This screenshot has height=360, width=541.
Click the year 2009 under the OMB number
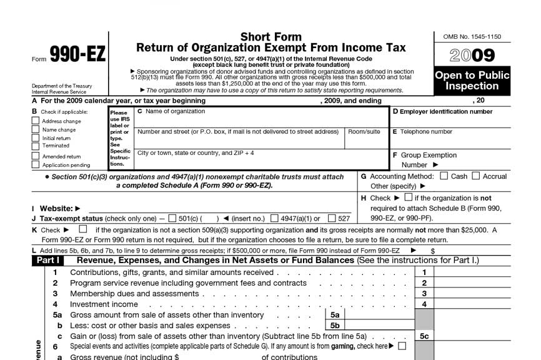click(x=472, y=56)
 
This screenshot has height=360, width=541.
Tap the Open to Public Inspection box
click(x=472, y=81)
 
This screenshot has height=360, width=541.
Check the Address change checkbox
click(x=36, y=121)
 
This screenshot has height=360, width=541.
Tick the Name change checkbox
click(x=36, y=129)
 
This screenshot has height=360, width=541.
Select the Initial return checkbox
click(x=36, y=137)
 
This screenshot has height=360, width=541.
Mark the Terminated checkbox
click(x=36, y=146)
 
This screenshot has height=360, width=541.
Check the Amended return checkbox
click(x=36, y=156)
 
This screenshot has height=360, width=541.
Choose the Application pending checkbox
click(x=36, y=165)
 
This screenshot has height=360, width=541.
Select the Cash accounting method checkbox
click(x=444, y=176)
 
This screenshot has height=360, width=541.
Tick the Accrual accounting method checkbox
click(x=477, y=176)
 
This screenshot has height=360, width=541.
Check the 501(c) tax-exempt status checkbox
click(x=172, y=219)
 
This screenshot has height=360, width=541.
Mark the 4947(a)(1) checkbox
click(x=274, y=219)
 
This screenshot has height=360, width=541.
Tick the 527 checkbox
click(x=332, y=219)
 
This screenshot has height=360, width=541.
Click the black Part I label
click(x=48, y=260)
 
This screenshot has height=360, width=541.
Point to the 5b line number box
click(x=335, y=326)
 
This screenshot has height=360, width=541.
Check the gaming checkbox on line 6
click(x=402, y=346)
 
